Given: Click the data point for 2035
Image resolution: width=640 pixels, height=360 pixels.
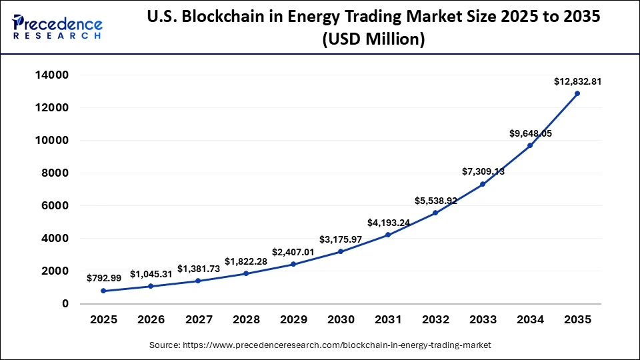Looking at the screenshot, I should point(577,93).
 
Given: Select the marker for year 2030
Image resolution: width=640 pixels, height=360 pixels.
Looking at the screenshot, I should point(341,251).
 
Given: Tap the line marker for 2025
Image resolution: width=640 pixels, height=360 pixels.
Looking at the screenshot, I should point(103,291).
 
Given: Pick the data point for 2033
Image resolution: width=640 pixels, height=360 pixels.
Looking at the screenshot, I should point(483,184).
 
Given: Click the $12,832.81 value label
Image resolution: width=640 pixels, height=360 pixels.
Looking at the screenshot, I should point(577,81).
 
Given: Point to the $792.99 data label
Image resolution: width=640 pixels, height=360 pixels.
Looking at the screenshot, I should point(103,278).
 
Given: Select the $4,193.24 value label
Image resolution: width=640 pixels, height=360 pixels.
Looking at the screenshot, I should point(388,223).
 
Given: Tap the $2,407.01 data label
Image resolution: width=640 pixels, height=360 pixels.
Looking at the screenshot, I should point(293,252).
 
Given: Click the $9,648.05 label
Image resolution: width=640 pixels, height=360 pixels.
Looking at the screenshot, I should point(530,133).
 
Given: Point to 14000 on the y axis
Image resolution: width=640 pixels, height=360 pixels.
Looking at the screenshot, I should point(51,75).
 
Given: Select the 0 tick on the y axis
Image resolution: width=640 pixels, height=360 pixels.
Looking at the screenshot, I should point(65,304).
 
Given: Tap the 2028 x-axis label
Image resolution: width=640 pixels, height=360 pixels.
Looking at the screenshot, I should point(246,320).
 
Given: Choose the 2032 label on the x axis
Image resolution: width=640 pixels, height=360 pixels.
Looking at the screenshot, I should point(435,320).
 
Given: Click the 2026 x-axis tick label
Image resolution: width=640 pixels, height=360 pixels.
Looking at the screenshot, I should point(151,320).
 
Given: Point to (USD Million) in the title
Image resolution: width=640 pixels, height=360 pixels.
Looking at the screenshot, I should point(373,40).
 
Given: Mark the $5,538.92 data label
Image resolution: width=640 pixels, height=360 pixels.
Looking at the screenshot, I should point(435,200).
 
